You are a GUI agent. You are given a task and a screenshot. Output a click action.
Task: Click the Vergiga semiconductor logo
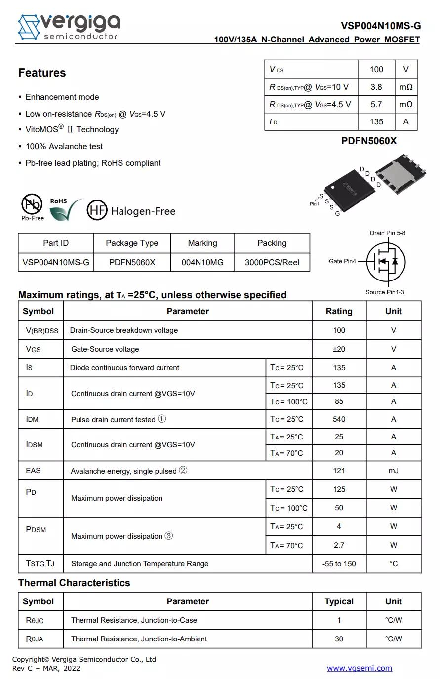tap(69, 26)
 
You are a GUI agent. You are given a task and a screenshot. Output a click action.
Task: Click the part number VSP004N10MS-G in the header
tap(380, 26)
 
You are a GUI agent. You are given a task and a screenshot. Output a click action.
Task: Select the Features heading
tap(42, 73)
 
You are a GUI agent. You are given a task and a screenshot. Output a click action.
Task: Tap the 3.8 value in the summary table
tap(376, 87)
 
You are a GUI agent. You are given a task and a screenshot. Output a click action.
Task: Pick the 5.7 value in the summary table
tap(376, 104)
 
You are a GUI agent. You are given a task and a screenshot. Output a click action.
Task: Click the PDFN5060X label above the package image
tap(368, 141)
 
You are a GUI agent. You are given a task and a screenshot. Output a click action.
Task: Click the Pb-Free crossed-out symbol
tap(32, 204)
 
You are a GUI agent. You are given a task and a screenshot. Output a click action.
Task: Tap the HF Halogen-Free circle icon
tap(97, 210)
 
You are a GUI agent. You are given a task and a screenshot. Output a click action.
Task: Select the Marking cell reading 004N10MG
tap(202, 262)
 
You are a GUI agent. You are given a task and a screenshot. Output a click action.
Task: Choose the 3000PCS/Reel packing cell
tap(272, 262)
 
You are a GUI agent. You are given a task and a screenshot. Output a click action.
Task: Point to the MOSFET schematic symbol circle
tap(386, 262)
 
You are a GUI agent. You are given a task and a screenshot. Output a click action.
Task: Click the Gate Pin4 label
tap(342, 261)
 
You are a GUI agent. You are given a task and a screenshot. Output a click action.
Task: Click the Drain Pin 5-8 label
tap(387, 233)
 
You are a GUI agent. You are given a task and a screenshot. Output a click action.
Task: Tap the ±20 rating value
tap(339, 349)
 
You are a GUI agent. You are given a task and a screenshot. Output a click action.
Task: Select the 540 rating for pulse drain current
tap(339, 419)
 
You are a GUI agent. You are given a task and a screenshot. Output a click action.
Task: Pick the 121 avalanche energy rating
tap(339, 471)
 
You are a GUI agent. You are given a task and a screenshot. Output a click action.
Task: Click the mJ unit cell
tap(393, 471)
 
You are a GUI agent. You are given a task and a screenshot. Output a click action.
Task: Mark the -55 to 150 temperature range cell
tap(339, 564)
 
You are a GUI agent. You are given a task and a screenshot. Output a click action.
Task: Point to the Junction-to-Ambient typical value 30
tap(339, 639)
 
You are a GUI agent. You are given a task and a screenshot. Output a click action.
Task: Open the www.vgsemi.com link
tap(359, 668)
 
